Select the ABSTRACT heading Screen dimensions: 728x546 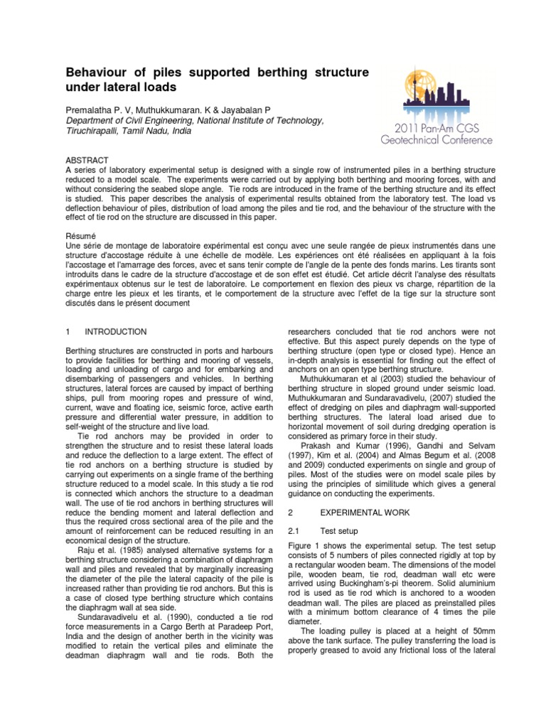pyautogui.click(x=88, y=161)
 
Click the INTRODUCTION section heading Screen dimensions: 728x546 pyautogui.click(x=115, y=332)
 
